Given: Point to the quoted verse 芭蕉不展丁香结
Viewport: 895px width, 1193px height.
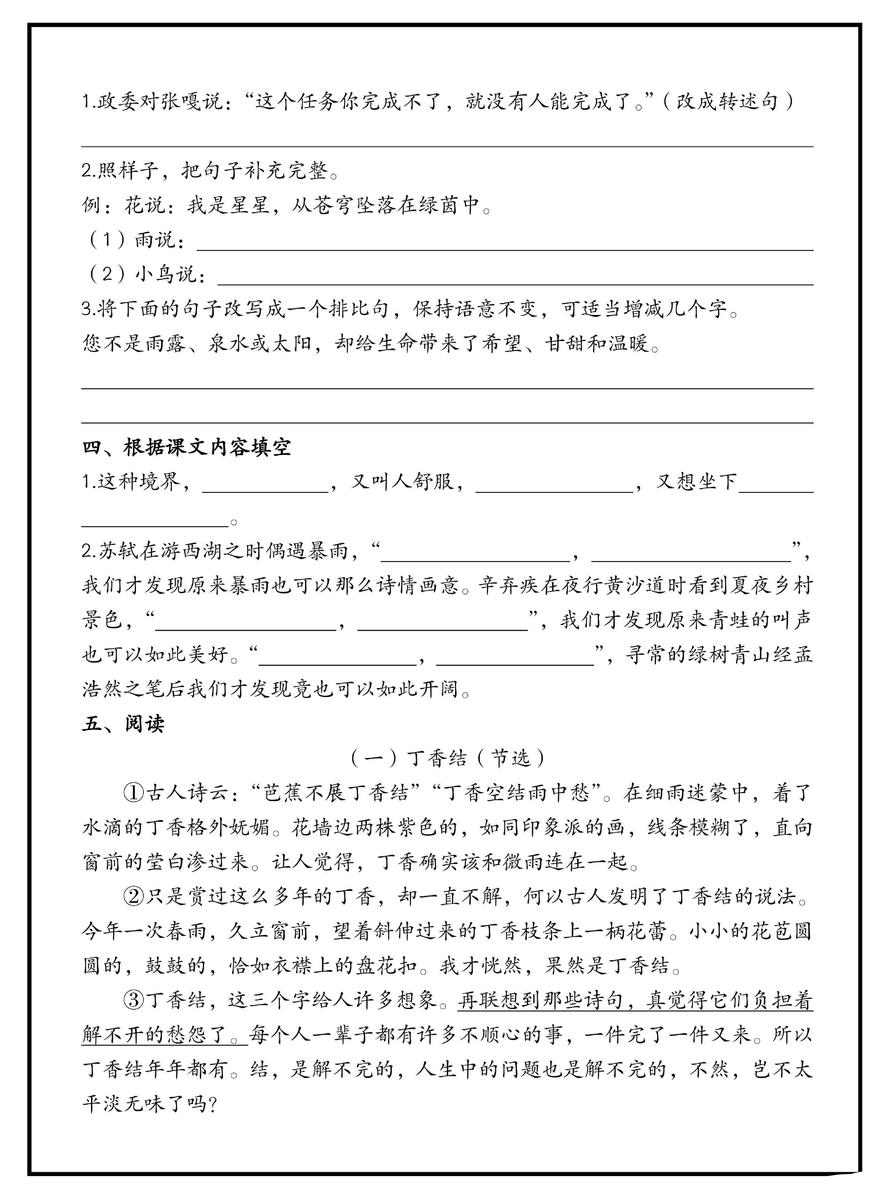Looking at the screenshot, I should pos(337,793).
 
